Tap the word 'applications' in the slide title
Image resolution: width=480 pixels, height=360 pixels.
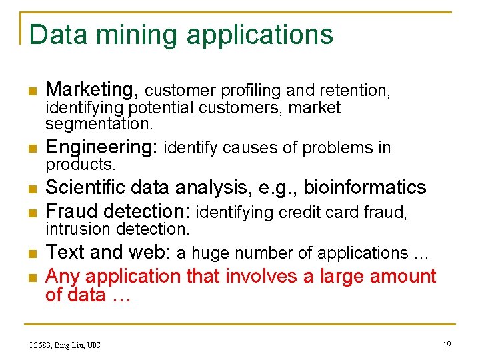259,35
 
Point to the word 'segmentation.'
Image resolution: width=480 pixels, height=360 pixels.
99,124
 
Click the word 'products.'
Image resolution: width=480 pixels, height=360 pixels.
81,164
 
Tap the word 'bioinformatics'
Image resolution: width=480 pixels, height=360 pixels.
365,187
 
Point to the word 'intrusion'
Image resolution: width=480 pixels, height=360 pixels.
78,229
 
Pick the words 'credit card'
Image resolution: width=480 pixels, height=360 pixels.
312,213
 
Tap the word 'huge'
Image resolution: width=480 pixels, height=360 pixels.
210,254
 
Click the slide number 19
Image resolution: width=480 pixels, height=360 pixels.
446,344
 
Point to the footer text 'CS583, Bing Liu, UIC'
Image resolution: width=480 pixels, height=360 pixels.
64,345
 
